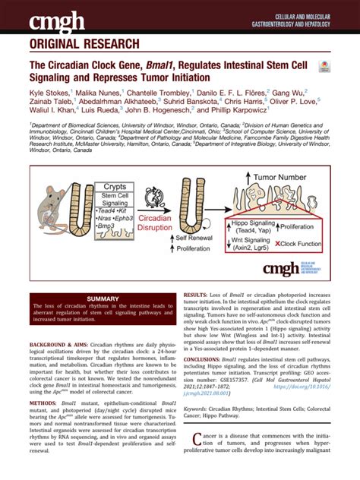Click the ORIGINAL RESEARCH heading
(x=84, y=43)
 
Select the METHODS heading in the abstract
(x=45, y=402)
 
